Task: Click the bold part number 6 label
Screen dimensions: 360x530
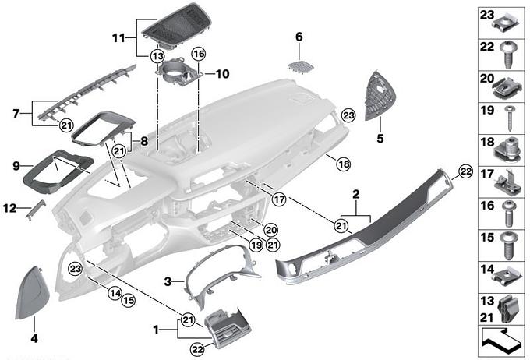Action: [299, 37]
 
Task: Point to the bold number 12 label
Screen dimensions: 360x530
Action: [9, 208]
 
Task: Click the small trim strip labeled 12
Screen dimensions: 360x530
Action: [34, 210]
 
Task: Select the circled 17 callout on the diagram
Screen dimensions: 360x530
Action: [279, 199]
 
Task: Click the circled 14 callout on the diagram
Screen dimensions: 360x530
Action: [115, 293]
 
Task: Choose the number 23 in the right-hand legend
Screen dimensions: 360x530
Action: [486, 15]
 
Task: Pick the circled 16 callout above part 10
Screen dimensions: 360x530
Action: [198, 54]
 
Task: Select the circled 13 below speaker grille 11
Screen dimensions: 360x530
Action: [157, 56]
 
